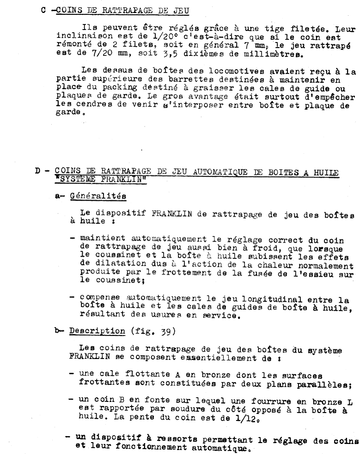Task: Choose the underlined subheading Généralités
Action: (x=98, y=195)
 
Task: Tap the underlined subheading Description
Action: (x=98, y=331)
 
